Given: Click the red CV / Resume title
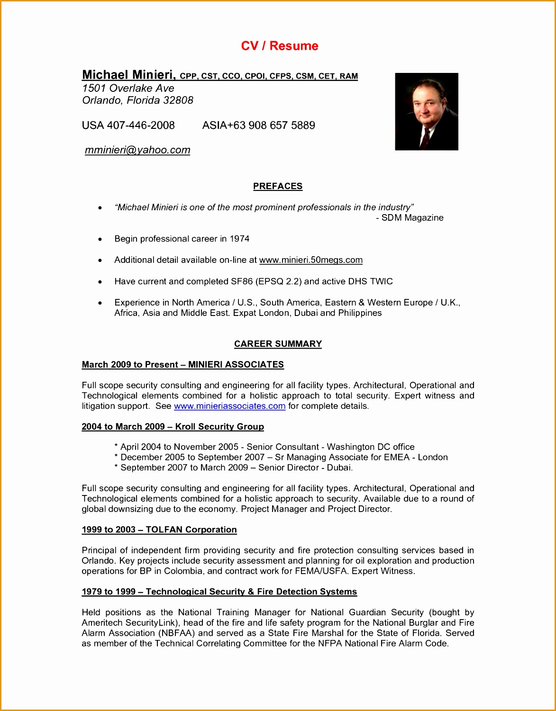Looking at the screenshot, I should coord(279,46).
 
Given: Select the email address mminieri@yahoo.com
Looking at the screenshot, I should coord(137,150).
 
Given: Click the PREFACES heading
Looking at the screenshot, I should coord(278,187).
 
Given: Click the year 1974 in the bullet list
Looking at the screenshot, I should coord(239,239).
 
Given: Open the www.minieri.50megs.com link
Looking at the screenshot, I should coord(311,260).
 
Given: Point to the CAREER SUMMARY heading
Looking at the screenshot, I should coord(278,344).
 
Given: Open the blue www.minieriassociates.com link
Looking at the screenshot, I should coord(229,406).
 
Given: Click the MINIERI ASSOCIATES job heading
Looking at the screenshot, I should coord(236,365).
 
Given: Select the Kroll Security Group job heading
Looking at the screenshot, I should coord(219,427).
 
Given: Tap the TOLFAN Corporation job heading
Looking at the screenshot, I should coord(191,530).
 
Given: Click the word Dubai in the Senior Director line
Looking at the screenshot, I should coord(339,468).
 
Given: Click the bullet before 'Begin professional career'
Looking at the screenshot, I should coord(100,239).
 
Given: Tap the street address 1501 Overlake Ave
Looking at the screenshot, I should coord(128,89).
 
